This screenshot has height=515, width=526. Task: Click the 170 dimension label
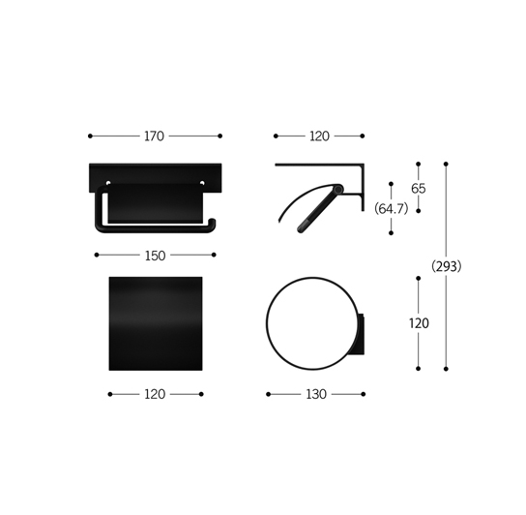pyautogui.click(x=154, y=136)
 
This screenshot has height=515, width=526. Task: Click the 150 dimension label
pyautogui.click(x=155, y=256)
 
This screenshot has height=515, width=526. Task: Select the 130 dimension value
pyautogui.click(x=316, y=394)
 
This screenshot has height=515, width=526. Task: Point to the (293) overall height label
pyautogui.click(x=446, y=266)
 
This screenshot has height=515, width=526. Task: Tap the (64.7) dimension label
pyautogui.click(x=392, y=209)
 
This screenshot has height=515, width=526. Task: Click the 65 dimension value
pyautogui.click(x=419, y=189)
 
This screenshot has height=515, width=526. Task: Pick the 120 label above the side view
pyautogui.click(x=319, y=136)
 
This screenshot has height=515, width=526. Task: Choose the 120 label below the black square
pyautogui.click(x=155, y=394)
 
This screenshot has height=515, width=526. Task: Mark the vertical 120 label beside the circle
pyautogui.click(x=419, y=323)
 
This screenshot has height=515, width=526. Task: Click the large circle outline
pyautogui.click(x=266, y=323)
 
